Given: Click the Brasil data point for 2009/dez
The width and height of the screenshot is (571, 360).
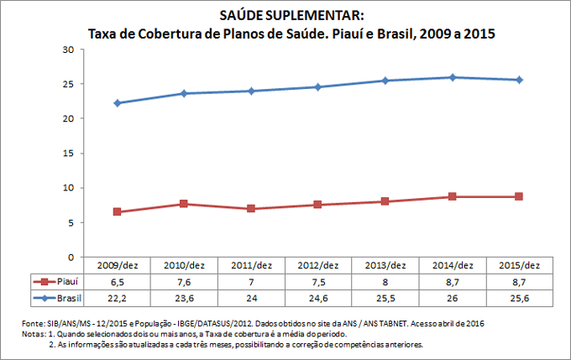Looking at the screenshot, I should click(x=117, y=103).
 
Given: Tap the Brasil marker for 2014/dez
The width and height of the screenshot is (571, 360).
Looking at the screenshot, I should click(x=453, y=77).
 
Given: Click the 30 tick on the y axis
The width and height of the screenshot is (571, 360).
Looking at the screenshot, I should click(x=70, y=50).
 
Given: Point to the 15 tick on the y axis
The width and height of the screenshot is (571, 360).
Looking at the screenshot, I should click(x=70, y=154).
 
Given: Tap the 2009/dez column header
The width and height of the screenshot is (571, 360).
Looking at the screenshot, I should click(x=117, y=265).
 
